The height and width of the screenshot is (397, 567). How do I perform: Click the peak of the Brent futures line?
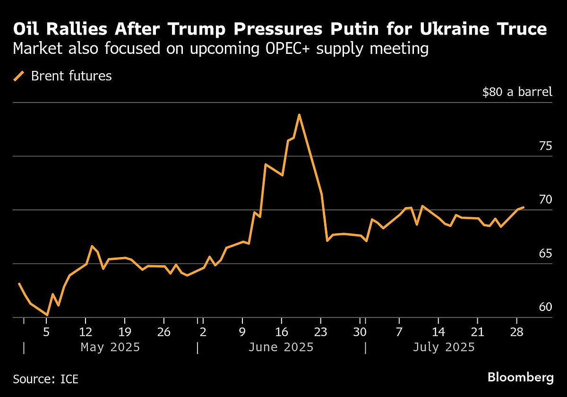coord(299,115)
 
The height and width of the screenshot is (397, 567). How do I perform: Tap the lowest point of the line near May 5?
coord(47,315)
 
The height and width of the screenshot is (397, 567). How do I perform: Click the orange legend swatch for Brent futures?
coord(19,76)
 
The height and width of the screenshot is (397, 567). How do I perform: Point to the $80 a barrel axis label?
coord(517,92)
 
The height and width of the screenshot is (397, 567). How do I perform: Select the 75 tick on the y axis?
coord(545,146)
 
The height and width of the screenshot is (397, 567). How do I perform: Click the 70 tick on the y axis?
coord(545,200)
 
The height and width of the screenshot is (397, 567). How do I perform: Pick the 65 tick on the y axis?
coord(545,254)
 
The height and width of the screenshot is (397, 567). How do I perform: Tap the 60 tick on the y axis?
coord(545,308)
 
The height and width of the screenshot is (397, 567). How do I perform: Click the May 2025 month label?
coord(110,347)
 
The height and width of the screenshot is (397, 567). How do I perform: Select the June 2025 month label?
coord(281,347)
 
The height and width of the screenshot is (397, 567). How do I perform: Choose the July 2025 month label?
coord(444,347)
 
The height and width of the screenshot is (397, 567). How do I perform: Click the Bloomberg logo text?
coord(520,378)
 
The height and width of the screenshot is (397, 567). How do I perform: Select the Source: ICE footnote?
coord(46,379)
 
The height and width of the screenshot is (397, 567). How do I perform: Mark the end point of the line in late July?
coord(523,207)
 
